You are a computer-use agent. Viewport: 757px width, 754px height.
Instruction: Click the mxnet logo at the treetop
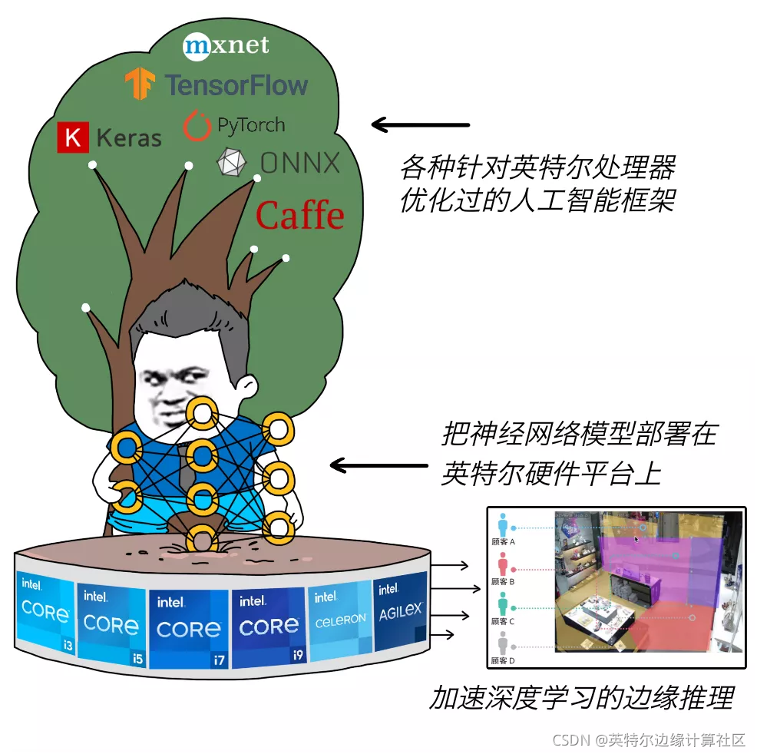point(226,45)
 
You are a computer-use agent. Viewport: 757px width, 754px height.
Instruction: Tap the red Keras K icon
point(73,137)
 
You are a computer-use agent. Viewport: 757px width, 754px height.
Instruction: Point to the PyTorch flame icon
point(197,126)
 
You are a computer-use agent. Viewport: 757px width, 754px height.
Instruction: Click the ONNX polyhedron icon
point(232,163)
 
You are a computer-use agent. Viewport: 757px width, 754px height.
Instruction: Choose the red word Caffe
point(299,215)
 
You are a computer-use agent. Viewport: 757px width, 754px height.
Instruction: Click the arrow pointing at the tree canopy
point(420,124)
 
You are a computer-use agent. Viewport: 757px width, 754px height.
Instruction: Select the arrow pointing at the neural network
point(378,465)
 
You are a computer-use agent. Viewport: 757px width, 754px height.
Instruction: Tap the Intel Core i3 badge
point(45,614)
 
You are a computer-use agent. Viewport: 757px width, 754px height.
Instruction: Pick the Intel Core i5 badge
point(111,621)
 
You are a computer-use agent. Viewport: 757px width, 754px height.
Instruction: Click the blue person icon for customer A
point(503,524)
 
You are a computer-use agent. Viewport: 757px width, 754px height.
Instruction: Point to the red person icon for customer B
point(503,564)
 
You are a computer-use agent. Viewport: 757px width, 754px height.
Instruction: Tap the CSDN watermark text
point(649,739)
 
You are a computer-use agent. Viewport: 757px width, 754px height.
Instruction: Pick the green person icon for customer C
point(503,604)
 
